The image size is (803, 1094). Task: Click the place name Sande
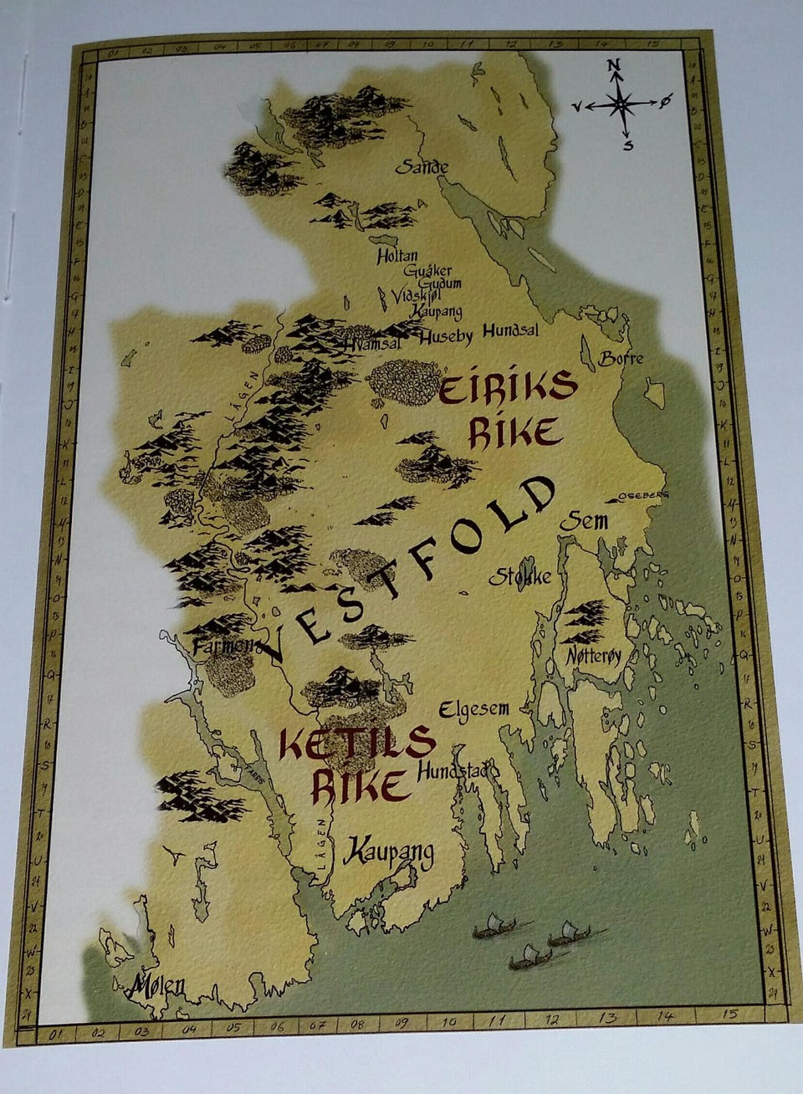[x=422, y=167]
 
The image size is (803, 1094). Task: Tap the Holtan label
[x=397, y=257]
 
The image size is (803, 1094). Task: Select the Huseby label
[x=446, y=336]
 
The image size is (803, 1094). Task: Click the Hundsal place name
[x=510, y=330]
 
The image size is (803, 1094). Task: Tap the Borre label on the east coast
[x=621, y=358]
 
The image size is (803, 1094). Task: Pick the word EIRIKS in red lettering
[x=508, y=388]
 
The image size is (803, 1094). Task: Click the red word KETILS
[x=358, y=742]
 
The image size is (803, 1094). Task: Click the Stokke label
[x=519, y=576]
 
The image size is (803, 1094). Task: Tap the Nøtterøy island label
[x=594, y=657]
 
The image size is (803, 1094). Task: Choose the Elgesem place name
[x=473, y=709]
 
